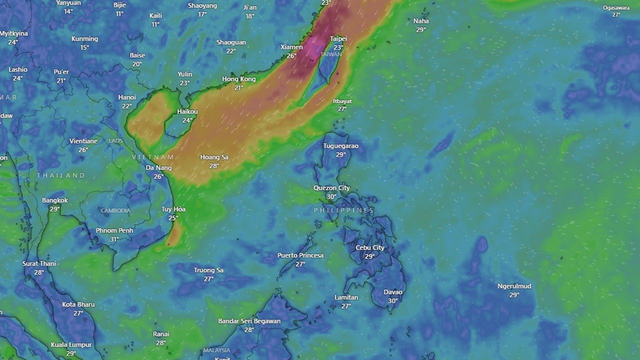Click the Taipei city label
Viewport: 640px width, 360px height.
click(338, 38)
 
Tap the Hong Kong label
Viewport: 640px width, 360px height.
click(238, 79)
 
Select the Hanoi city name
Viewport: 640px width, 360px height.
click(127, 97)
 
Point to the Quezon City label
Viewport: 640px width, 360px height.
click(331, 188)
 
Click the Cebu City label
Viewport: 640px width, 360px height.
click(370, 247)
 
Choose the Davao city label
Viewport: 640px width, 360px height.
click(393, 292)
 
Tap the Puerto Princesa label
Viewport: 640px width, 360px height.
click(300, 255)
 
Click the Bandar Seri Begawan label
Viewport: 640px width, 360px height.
click(249, 321)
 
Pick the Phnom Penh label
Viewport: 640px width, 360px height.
click(114, 230)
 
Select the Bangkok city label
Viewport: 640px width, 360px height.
click(55, 200)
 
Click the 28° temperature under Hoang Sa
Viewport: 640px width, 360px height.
click(214, 166)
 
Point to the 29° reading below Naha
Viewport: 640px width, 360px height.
click(421, 30)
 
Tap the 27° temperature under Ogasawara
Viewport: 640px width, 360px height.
click(616, 15)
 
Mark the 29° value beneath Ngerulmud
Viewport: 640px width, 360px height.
click(514, 295)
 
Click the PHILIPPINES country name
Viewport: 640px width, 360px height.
click(344, 210)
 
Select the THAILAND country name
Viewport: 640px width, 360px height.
click(61, 175)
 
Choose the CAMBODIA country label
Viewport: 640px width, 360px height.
click(115, 211)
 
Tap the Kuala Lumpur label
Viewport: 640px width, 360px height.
click(71, 344)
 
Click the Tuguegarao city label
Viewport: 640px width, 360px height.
click(340, 146)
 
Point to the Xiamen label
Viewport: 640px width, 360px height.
click(291, 47)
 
